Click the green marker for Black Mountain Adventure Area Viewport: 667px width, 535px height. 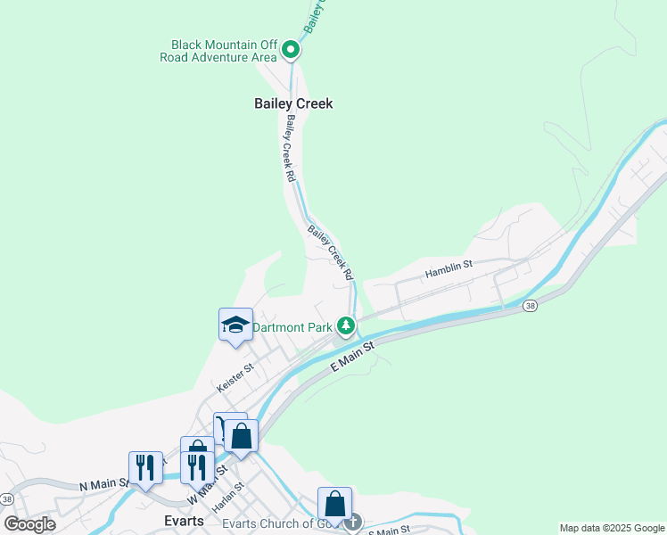(x=291, y=51)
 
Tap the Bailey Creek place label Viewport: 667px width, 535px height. (x=293, y=103)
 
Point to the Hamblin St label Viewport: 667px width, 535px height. (x=448, y=268)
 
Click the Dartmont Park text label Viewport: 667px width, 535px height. (x=292, y=327)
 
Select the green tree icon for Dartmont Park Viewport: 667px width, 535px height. (x=346, y=326)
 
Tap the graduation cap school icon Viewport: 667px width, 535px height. (x=235, y=325)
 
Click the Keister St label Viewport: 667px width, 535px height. (x=235, y=379)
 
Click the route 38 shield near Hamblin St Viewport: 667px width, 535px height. (x=531, y=306)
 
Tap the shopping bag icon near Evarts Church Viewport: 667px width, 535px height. (x=335, y=504)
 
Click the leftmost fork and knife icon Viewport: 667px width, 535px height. (x=145, y=467)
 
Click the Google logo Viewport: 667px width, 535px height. (x=30, y=524)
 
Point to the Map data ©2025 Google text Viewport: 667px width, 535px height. (x=612, y=528)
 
